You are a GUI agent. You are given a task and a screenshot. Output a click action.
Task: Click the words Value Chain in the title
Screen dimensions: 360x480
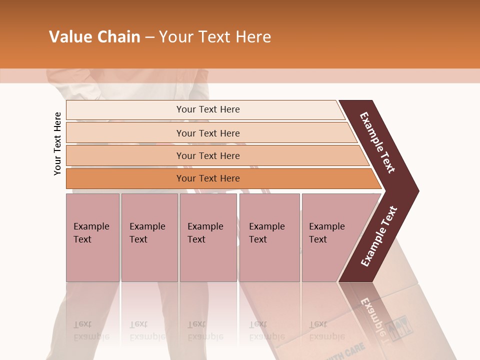pyautogui.click(x=94, y=37)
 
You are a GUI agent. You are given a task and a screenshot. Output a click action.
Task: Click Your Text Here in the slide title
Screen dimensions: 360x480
pyautogui.click(x=215, y=37)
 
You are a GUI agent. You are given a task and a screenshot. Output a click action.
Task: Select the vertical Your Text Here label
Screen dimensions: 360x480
pyautogui.click(x=57, y=143)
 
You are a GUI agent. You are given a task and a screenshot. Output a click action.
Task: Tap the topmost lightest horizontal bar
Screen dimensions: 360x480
pyautogui.click(x=207, y=109)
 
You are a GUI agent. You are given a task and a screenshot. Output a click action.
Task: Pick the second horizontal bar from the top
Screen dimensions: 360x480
pyautogui.click(x=207, y=133)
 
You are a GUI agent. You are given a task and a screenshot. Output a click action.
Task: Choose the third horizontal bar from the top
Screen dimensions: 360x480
pyautogui.click(x=207, y=155)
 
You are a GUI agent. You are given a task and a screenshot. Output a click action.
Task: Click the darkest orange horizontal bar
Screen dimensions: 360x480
pyautogui.click(x=207, y=178)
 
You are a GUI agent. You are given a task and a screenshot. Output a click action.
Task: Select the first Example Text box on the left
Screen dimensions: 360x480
pyautogui.click(x=92, y=237)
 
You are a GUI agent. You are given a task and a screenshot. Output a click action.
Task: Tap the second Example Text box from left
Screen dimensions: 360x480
pyautogui.click(x=149, y=237)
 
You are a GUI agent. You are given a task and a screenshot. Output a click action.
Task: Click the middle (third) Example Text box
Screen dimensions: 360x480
pyautogui.click(x=208, y=237)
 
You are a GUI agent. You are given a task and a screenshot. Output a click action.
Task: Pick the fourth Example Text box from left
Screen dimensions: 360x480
pyautogui.click(x=269, y=237)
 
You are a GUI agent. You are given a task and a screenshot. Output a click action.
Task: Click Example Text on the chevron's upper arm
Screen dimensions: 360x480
pyautogui.click(x=377, y=142)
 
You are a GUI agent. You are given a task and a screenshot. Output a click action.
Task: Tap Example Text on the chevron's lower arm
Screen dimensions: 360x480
pyautogui.click(x=378, y=236)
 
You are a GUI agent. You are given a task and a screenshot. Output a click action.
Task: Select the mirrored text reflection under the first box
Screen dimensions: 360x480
pyautogui.click(x=91, y=330)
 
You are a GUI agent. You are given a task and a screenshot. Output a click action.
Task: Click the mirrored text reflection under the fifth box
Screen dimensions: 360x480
pyautogui.click(x=326, y=330)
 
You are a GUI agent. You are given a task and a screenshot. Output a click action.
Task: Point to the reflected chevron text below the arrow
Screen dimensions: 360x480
pyautogui.click(x=372, y=316)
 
